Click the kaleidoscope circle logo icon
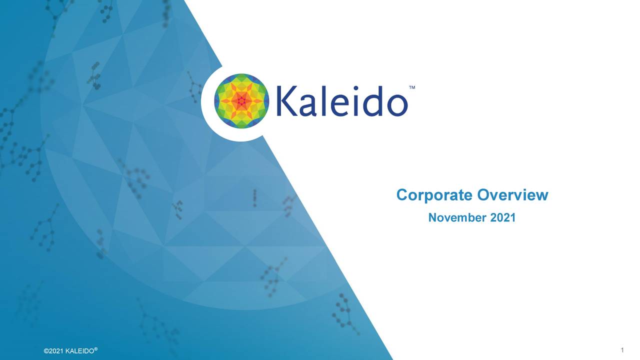[x=241, y=101]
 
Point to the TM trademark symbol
[x=412, y=87]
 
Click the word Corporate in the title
[x=434, y=195]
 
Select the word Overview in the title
[x=512, y=195]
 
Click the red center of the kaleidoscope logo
[x=241, y=101]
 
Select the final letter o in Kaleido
[x=395, y=105]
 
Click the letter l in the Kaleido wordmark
[x=323, y=100]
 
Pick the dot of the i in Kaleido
[x=354, y=88]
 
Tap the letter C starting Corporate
[x=401, y=195]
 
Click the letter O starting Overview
[x=483, y=195]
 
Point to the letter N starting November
[x=432, y=218]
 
